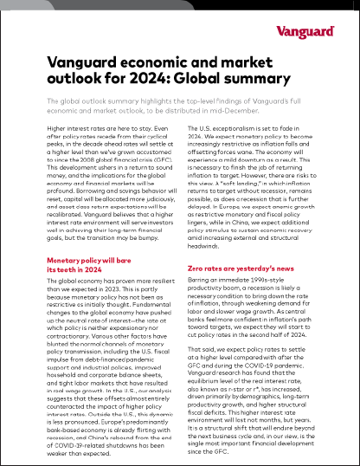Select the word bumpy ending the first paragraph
click(x=157, y=244)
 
